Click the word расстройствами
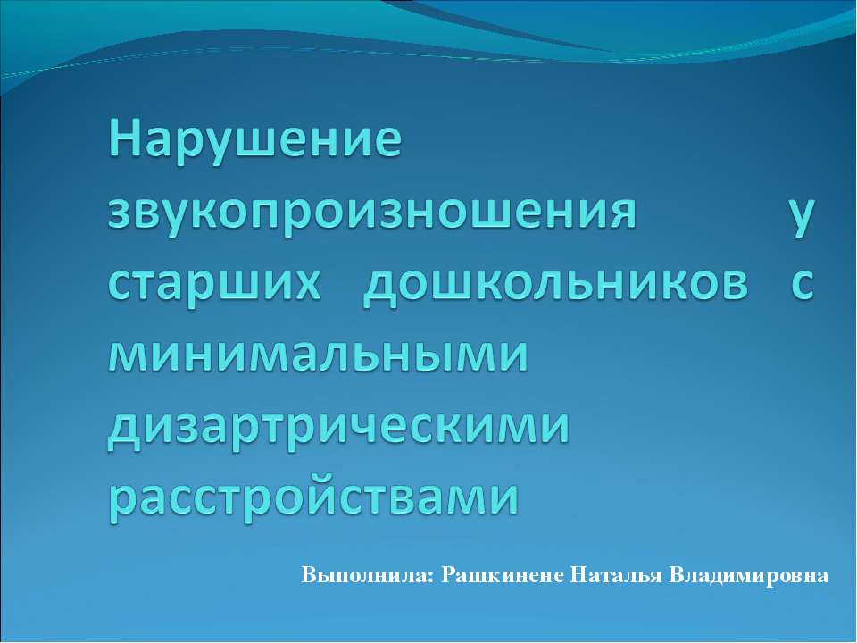[312, 497]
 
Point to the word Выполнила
[365, 574]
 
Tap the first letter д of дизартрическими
[125, 427]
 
